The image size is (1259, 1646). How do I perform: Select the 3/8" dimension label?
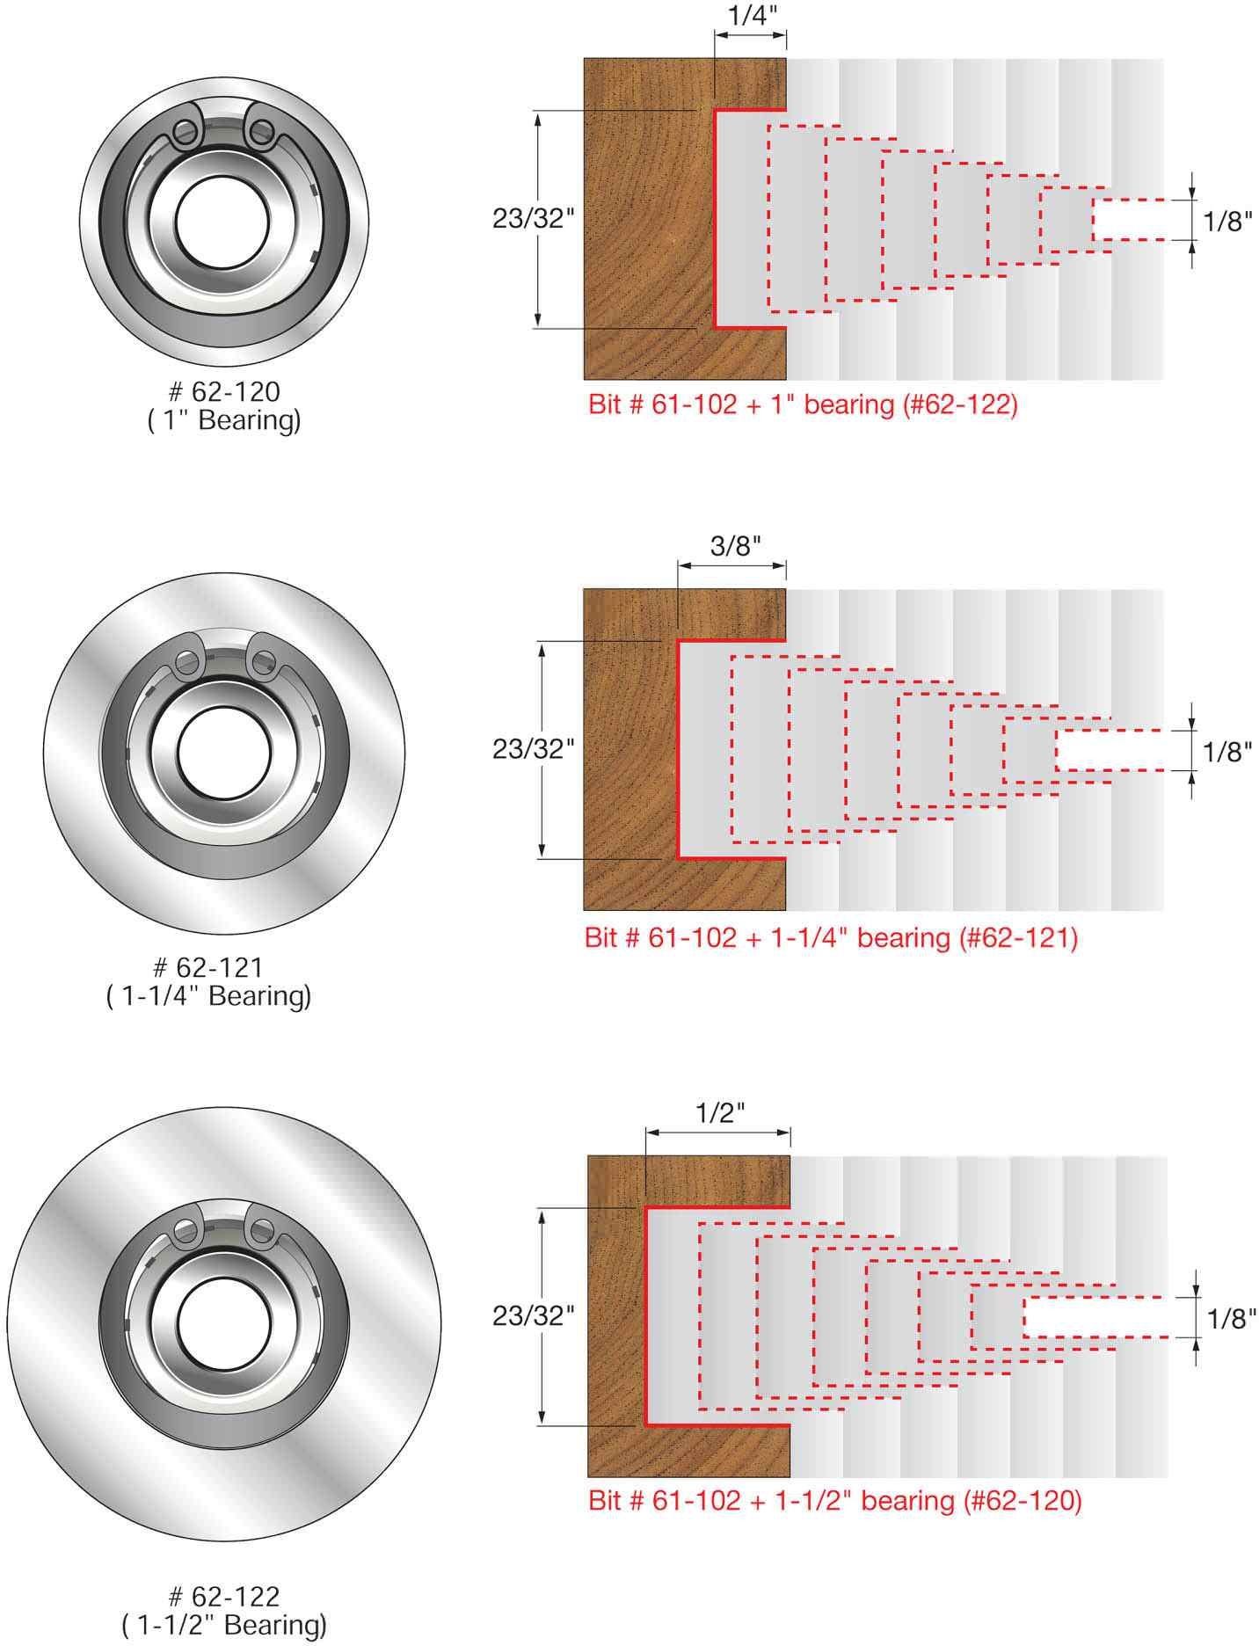click(x=735, y=546)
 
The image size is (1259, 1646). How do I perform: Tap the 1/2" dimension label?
click(x=721, y=1112)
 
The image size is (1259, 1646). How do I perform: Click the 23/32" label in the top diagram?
click(x=533, y=219)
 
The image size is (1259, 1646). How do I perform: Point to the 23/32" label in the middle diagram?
click(x=533, y=749)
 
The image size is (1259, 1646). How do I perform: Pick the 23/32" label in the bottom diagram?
click(x=533, y=1315)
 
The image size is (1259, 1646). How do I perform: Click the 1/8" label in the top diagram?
click(x=1226, y=221)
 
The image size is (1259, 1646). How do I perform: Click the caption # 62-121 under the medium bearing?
click(x=209, y=966)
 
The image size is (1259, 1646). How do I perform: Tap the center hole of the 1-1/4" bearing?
click(x=223, y=754)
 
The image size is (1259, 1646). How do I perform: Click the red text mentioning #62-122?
click(x=803, y=405)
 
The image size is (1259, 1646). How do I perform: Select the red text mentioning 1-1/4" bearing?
click(x=831, y=937)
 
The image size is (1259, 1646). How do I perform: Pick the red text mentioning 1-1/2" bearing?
click(x=834, y=1500)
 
